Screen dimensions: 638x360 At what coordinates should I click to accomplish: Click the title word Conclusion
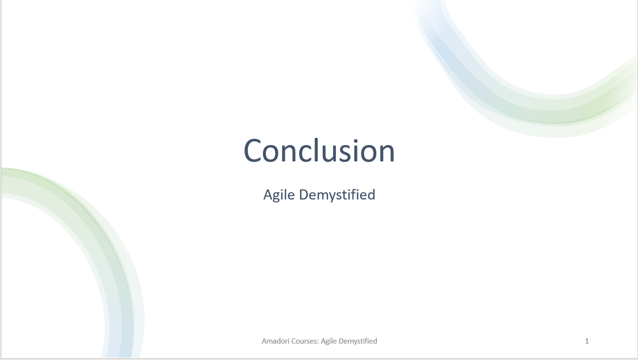(319, 150)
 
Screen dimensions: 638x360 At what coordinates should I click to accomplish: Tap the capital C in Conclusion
(252, 151)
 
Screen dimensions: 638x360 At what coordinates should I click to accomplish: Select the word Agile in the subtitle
(279, 195)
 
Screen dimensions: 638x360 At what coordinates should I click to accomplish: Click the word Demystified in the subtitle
(337, 195)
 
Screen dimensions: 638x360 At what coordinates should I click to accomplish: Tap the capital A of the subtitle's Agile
(268, 195)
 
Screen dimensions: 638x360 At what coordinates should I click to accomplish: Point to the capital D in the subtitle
(304, 195)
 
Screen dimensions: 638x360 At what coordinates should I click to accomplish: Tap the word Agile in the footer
(329, 341)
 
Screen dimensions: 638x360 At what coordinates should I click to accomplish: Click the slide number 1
(587, 341)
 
